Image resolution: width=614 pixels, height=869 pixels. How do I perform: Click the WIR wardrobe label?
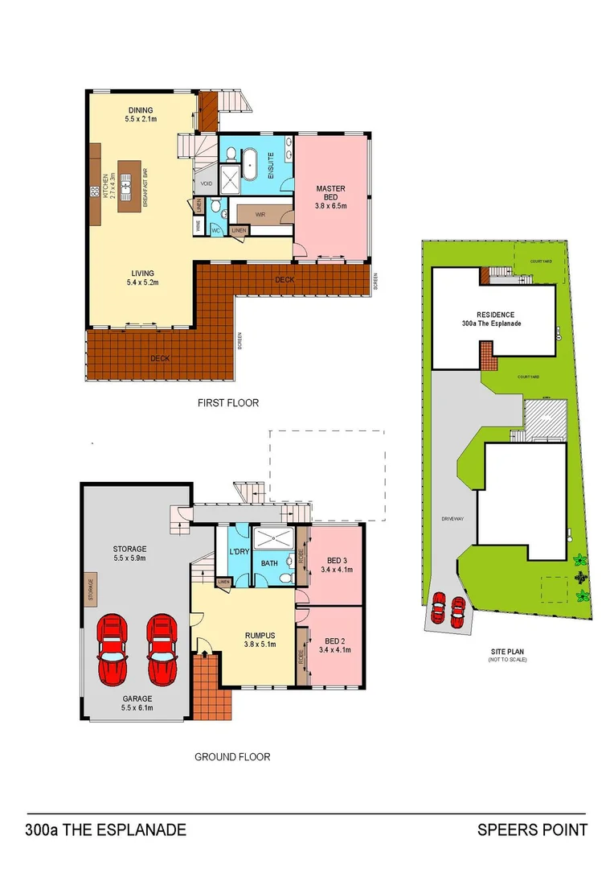260,214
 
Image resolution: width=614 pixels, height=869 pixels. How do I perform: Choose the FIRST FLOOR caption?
228,402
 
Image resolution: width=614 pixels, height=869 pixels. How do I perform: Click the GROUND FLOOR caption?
232,756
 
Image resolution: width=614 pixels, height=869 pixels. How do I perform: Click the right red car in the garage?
162,649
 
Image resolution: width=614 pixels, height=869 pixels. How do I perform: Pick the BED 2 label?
335,645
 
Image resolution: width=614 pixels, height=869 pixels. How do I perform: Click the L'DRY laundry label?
239,551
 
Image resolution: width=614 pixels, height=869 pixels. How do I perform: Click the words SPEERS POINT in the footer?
532,830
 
